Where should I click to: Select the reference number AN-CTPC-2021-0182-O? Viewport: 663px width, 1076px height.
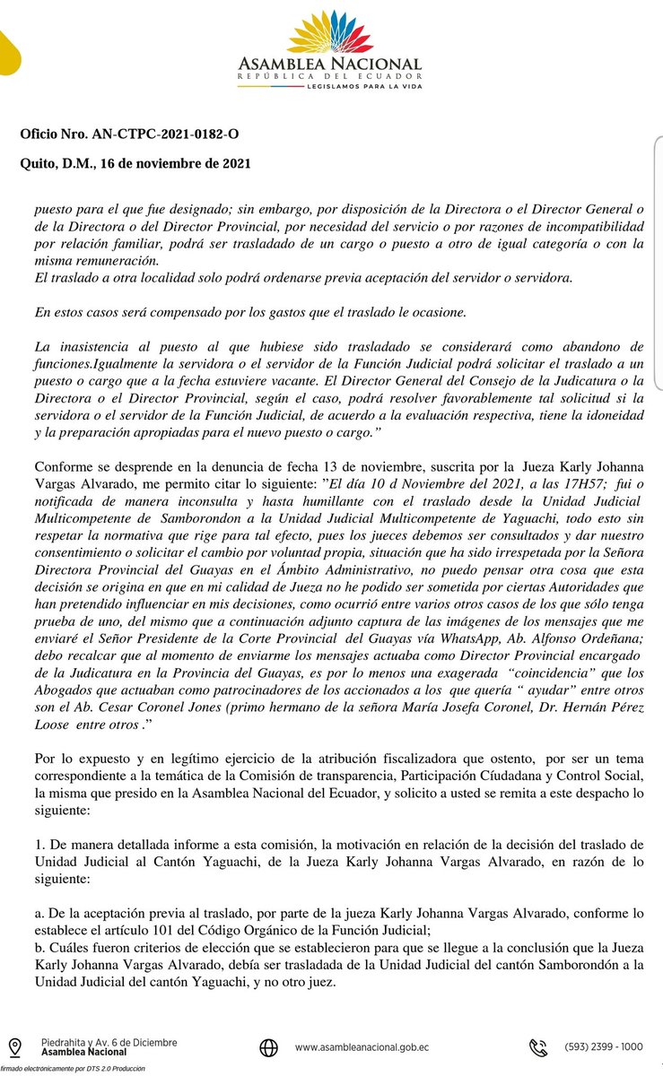click(x=166, y=134)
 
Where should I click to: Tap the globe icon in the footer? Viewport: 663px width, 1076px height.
click(x=268, y=1047)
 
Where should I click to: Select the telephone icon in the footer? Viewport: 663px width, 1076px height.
click(x=539, y=1047)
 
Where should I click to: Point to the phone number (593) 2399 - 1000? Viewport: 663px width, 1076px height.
click(x=603, y=1046)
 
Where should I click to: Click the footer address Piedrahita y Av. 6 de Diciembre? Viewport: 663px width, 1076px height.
click(x=109, y=1043)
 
